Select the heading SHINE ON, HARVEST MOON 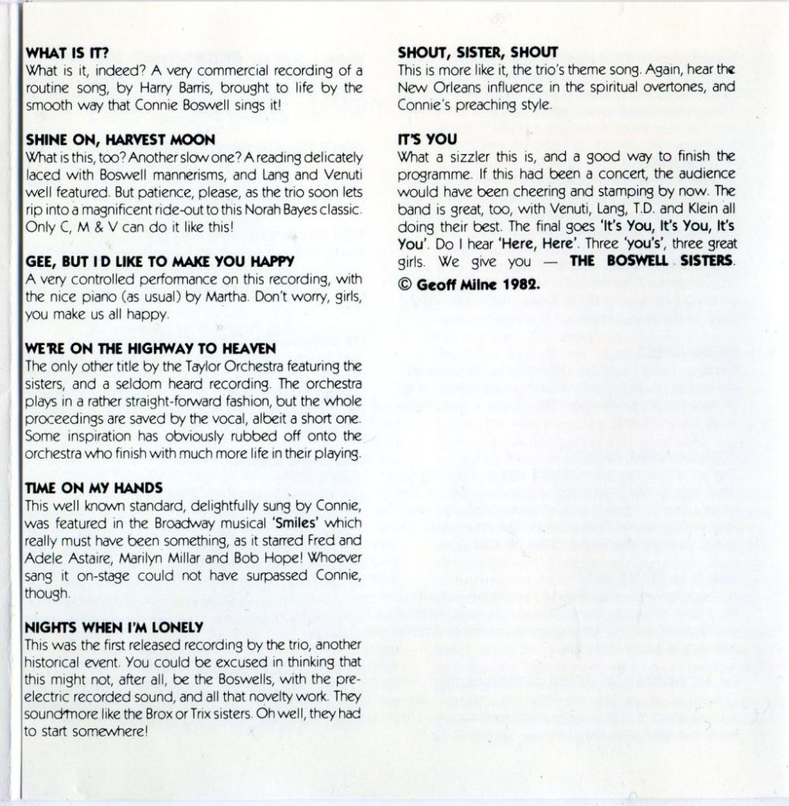tap(120, 140)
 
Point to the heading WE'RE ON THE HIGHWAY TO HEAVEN tap(151, 348)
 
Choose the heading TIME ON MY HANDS tap(94, 488)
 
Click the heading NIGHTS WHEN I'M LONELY tap(114, 626)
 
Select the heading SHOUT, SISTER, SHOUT tap(478, 53)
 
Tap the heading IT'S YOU tap(428, 139)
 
